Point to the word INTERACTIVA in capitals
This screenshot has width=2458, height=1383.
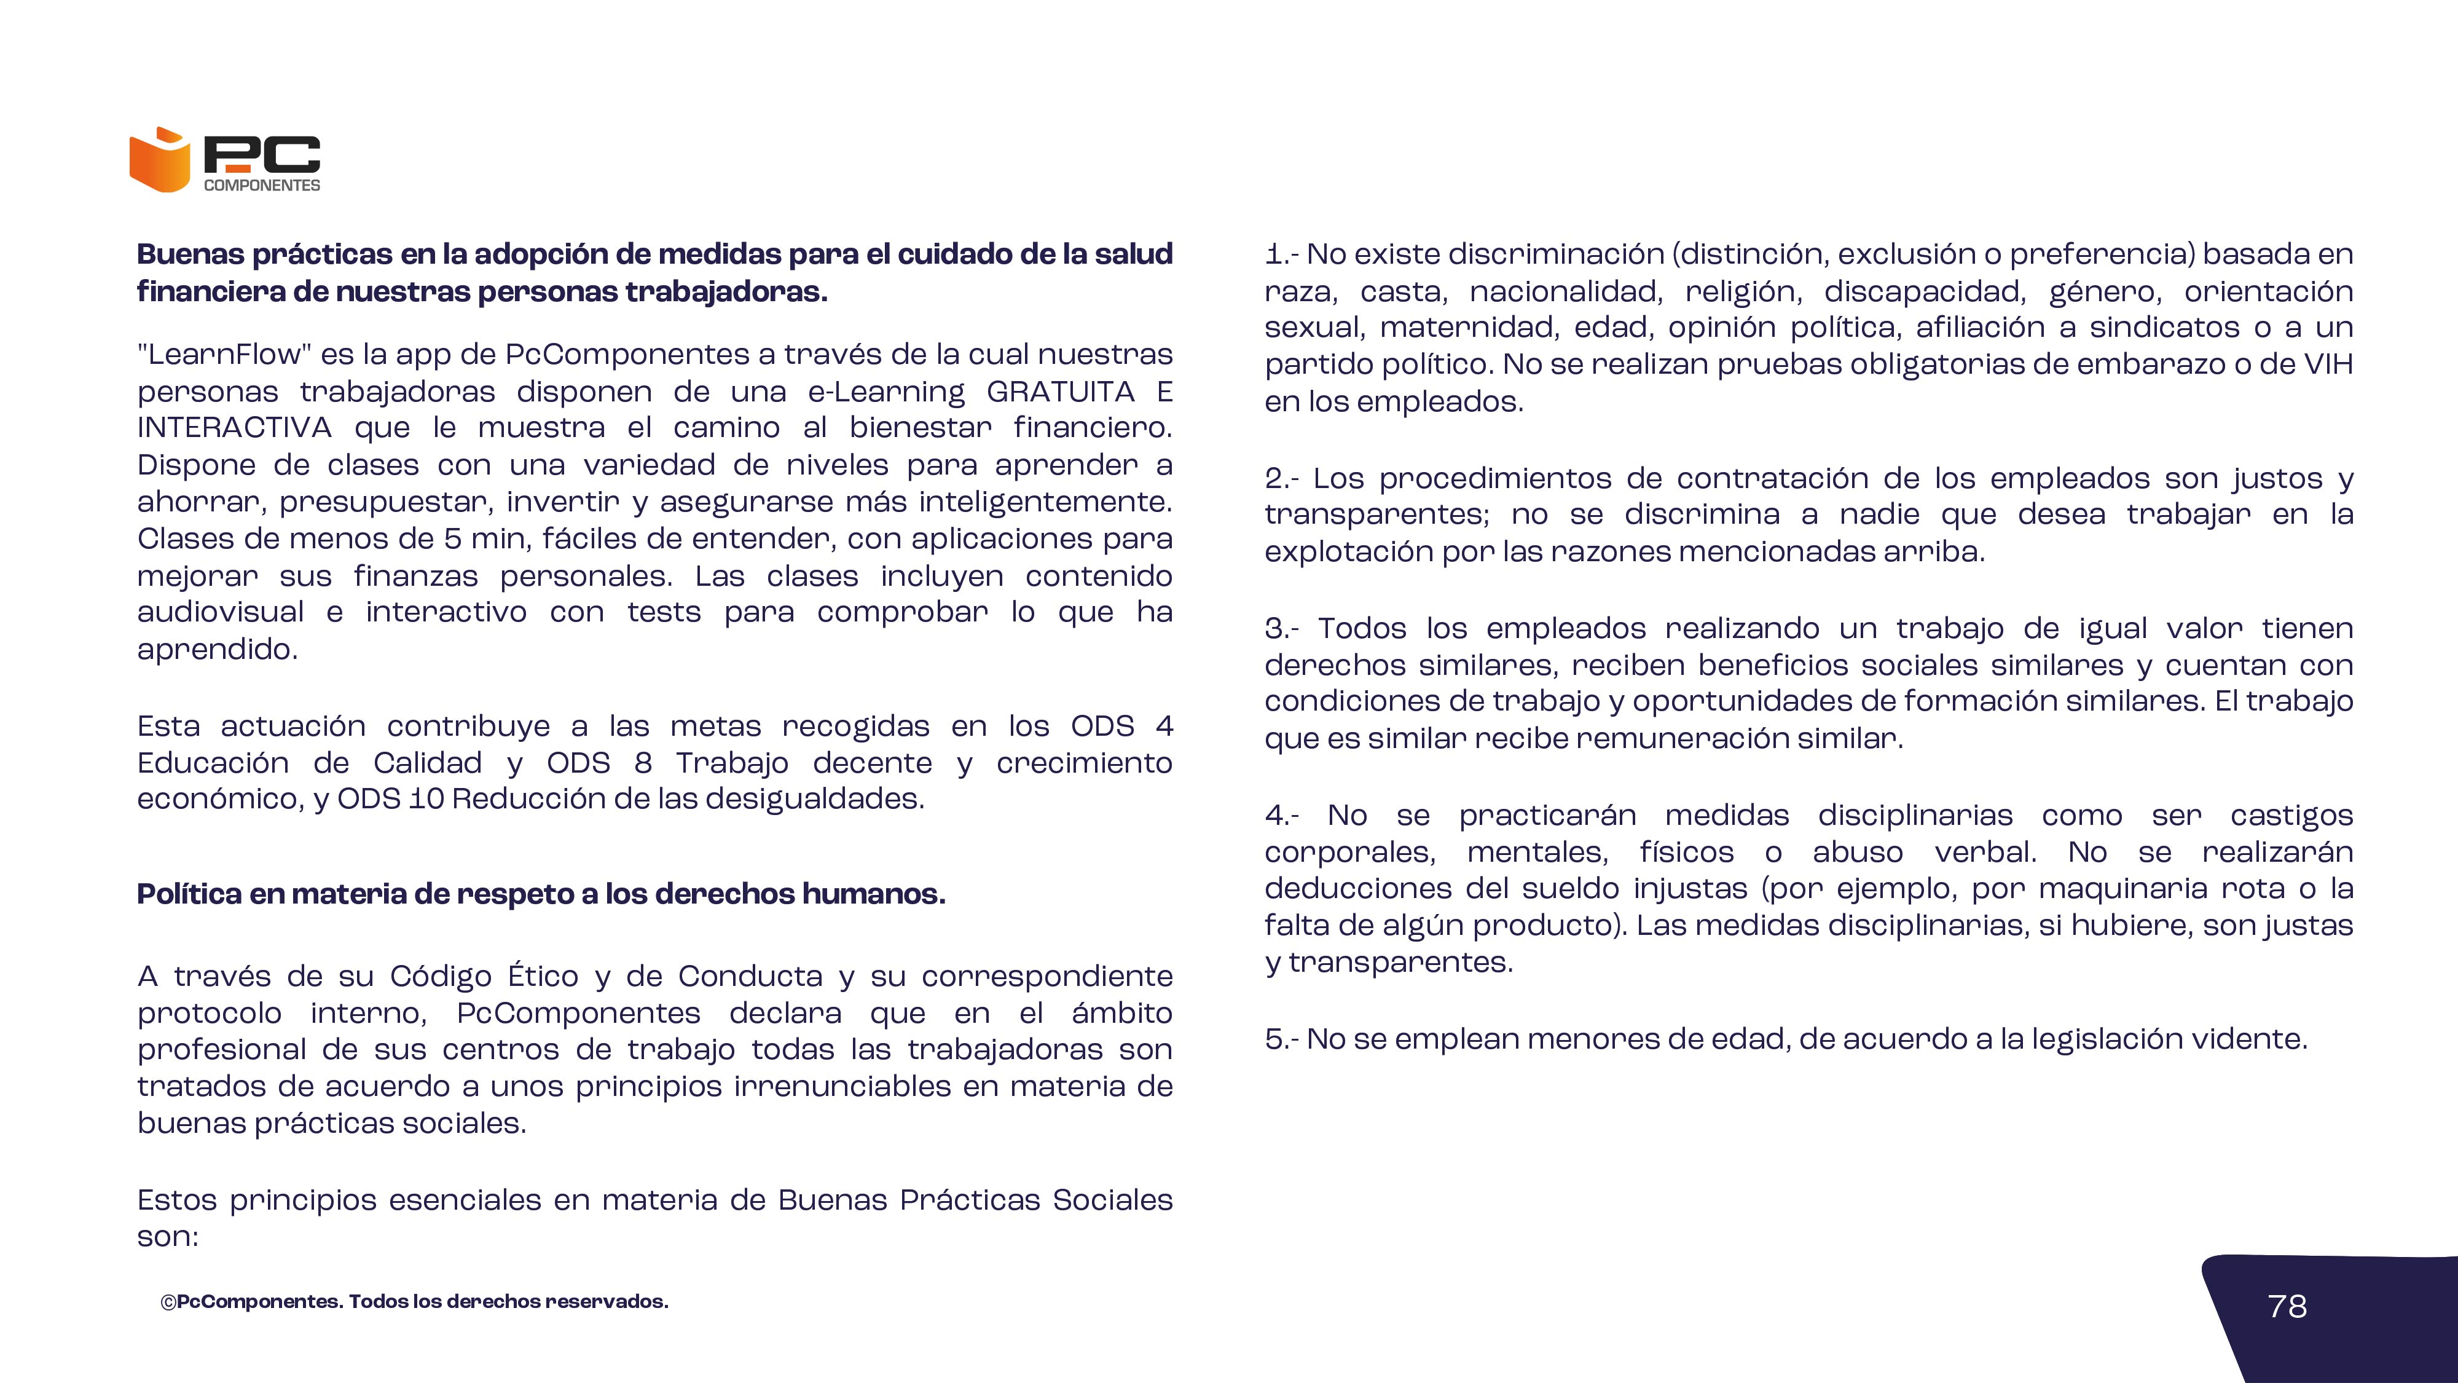click(234, 428)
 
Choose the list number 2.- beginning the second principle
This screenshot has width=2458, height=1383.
click(1281, 478)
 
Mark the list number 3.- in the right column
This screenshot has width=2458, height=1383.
click(1281, 629)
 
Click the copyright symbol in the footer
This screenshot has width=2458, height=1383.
click(168, 1302)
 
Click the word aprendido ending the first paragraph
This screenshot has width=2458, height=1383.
click(216, 649)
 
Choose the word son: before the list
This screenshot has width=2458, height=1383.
click(167, 1237)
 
